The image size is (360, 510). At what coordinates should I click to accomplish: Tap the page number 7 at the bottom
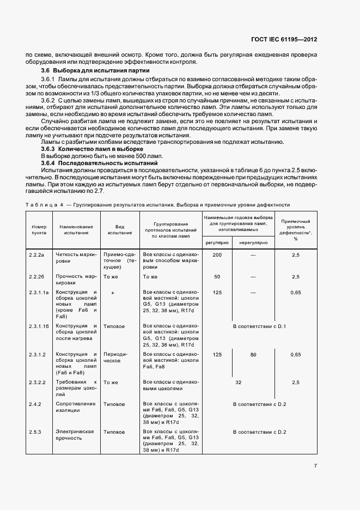[x=315, y=466]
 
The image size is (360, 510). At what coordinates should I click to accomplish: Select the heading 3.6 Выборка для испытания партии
[x=95, y=71]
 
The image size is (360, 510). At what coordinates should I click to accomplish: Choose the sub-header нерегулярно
[x=253, y=242]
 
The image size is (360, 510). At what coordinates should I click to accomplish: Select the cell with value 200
[x=217, y=255]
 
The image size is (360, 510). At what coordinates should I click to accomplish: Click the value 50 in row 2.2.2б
[x=217, y=277]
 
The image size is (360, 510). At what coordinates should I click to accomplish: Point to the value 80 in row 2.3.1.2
[x=253, y=355]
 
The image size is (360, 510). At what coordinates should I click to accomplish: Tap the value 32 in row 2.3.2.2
[x=238, y=382]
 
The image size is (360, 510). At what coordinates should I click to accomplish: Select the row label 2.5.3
[x=36, y=432]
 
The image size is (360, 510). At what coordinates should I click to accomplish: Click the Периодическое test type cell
[x=115, y=357]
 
